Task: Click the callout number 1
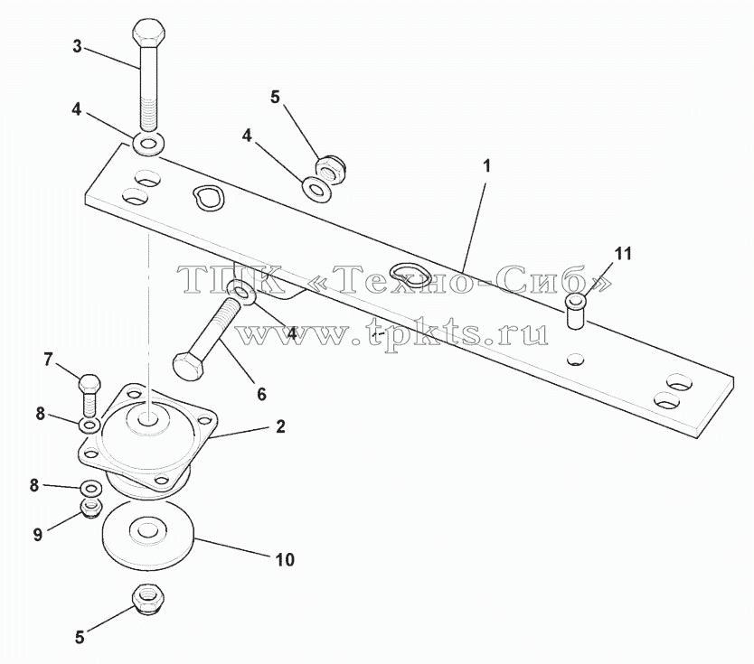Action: [x=487, y=167]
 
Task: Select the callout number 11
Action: [x=623, y=254]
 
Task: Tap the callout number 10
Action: [x=285, y=560]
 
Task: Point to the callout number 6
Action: [x=261, y=395]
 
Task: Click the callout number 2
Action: [x=281, y=426]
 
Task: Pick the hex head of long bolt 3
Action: [x=148, y=33]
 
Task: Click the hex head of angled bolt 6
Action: [x=188, y=369]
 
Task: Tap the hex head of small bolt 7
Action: [x=90, y=383]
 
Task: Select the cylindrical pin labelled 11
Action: [x=576, y=313]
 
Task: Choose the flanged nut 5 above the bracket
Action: [x=331, y=168]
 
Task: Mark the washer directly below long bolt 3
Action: [x=149, y=144]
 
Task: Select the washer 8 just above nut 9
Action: [x=90, y=489]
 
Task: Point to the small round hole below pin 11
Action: [x=576, y=359]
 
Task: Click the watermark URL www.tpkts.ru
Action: [x=393, y=332]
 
